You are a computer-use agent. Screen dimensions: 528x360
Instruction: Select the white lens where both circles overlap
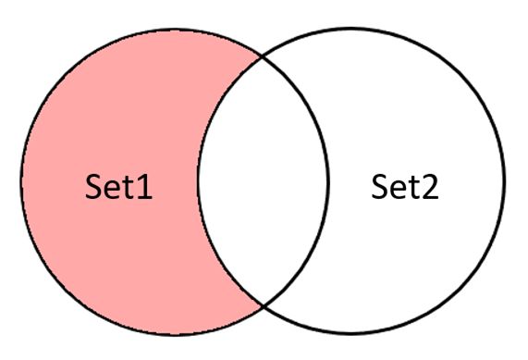[x=263, y=180]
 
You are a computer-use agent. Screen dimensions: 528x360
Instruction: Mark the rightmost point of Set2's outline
[x=506, y=180]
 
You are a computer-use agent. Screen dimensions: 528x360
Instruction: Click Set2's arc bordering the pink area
[x=200, y=180]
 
